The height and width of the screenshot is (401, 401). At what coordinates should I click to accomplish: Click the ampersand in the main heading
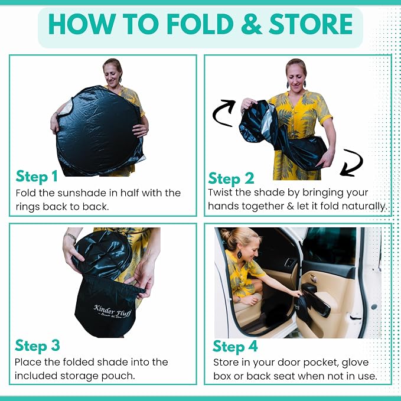point(251,24)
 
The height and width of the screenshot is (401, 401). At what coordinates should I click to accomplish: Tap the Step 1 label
point(37,176)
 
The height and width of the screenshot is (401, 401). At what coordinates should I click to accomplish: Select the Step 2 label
point(231,178)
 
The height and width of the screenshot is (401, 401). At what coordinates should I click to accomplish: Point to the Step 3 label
point(37,345)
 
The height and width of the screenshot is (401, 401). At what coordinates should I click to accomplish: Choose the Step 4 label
point(235,347)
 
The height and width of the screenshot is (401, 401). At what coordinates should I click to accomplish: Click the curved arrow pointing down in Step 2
point(351,162)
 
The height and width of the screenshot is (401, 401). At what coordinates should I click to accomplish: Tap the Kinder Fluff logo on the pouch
point(112,311)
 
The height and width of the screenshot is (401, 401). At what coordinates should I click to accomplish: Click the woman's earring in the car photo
point(239,255)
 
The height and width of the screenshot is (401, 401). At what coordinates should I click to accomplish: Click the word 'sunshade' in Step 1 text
point(82,193)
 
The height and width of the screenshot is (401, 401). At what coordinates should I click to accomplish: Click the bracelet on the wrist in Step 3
point(71,237)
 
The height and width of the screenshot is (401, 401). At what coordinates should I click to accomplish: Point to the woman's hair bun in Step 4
point(226,234)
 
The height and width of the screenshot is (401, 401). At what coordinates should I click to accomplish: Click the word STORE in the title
point(311,24)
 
